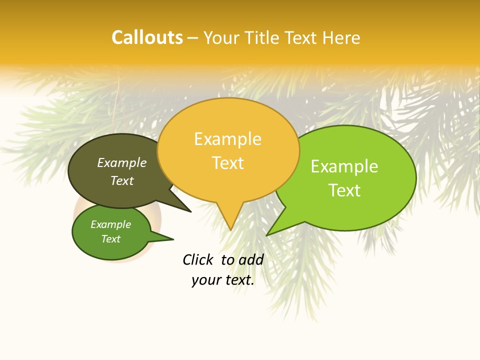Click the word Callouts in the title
click(147, 37)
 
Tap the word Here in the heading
click(341, 37)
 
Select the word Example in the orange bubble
click(227, 139)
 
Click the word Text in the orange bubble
click(227, 163)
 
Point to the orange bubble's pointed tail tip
click(230, 230)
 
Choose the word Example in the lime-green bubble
click(344, 166)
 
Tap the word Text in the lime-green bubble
click(344, 190)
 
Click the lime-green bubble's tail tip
click(267, 235)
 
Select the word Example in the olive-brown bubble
click(121, 163)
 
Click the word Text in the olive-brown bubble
click(121, 180)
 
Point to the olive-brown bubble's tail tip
click(190, 212)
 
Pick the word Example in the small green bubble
click(110, 224)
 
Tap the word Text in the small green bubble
click(110, 239)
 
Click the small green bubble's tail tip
click(173, 239)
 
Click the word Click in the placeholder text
click(197, 259)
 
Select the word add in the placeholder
click(251, 259)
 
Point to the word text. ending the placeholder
click(238, 280)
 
